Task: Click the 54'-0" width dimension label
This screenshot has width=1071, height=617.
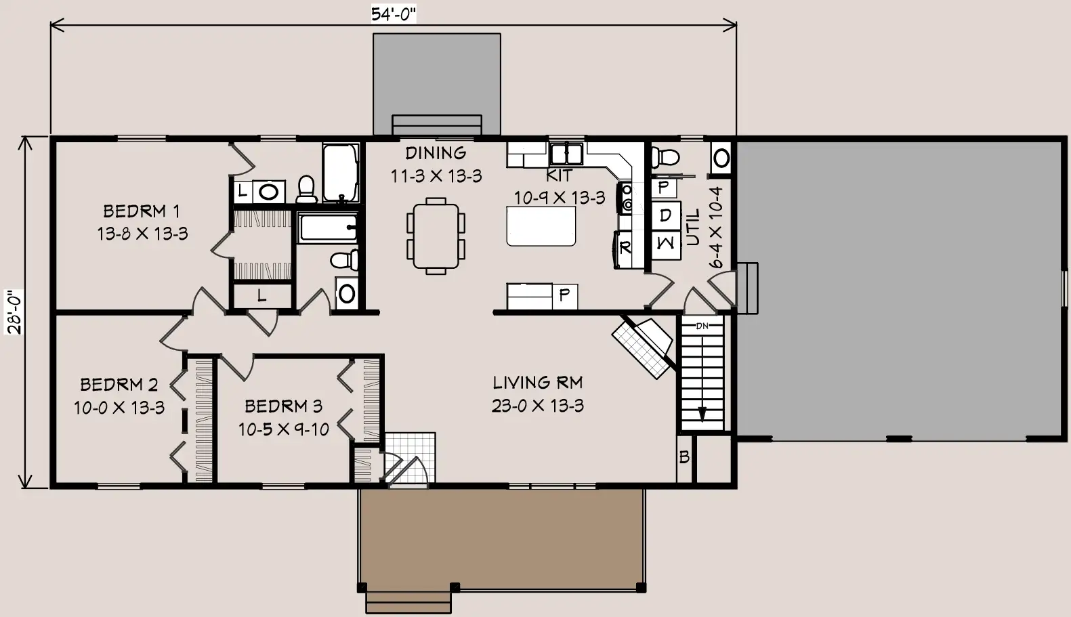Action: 394,14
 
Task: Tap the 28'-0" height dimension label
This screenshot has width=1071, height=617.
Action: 14,312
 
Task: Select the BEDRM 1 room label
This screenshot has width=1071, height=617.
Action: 142,211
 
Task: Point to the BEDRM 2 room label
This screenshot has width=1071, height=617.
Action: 119,384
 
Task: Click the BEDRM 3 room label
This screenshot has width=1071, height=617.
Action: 284,406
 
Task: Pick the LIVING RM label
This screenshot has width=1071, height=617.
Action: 538,383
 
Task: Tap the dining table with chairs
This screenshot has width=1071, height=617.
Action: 436,236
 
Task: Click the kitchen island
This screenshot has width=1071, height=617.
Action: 541,226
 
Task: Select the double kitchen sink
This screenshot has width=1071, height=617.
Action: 566,154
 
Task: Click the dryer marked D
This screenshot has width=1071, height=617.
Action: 666,215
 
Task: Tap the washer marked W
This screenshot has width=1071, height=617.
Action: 666,244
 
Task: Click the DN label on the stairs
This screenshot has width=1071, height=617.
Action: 702,326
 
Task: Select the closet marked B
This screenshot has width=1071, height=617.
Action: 684,458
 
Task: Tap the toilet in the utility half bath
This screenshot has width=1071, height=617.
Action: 665,156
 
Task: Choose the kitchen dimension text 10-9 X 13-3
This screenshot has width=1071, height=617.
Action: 560,197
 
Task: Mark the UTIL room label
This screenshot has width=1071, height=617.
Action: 692,227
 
